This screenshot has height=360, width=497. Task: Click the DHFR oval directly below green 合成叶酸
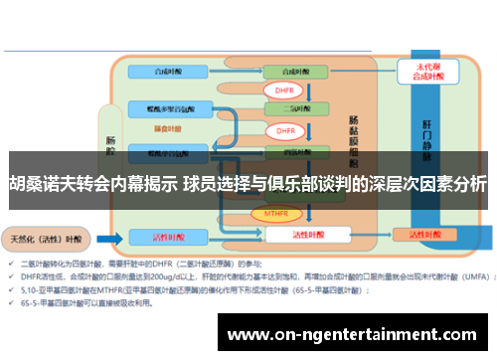(284, 90)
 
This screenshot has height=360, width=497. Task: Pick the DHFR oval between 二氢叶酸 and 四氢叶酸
(284, 130)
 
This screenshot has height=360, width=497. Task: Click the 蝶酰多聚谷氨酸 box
(170, 104)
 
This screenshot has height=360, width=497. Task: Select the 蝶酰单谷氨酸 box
(170, 154)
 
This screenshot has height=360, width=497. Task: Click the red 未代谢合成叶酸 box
(417, 72)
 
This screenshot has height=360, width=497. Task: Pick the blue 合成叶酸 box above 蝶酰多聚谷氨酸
(170, 72)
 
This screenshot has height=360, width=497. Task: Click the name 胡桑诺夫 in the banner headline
(43, 183)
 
